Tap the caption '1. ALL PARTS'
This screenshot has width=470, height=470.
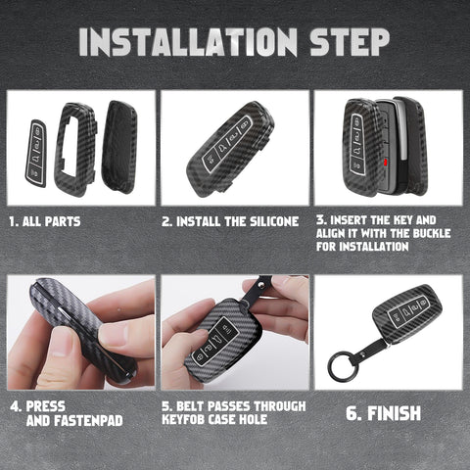pyautogui.click(x=45, y=221)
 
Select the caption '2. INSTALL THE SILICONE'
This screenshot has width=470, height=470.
pyautogui.click(x=231, y=221)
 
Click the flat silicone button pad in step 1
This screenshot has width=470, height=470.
pyautogui.click(x=36, y=152)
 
